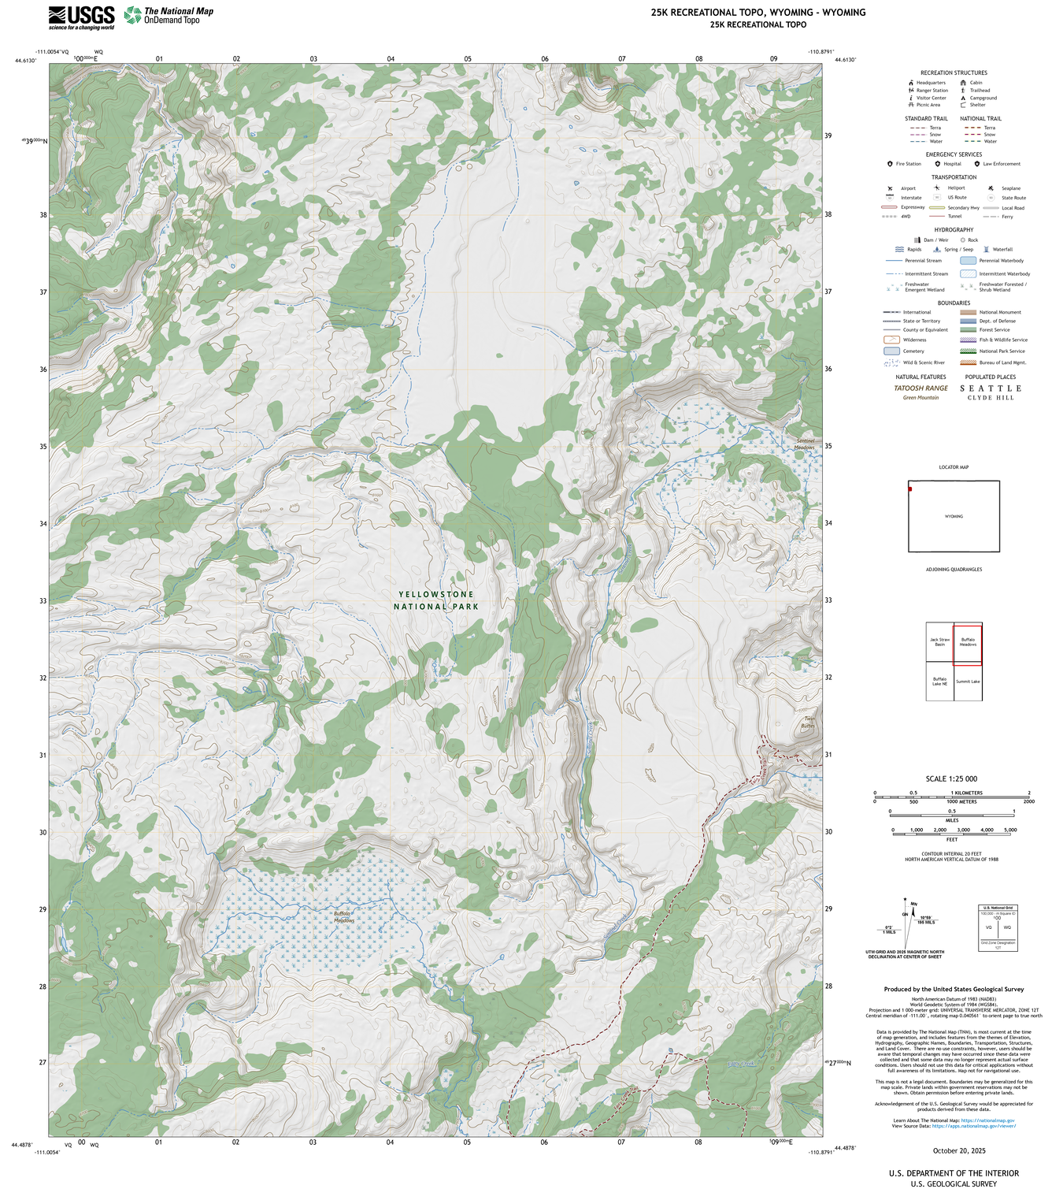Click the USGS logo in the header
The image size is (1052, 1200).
[81, 17]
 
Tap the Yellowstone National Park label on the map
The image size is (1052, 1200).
[435, 600]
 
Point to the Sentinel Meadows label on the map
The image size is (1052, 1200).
[804, 444]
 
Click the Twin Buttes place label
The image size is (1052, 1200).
[808, 722]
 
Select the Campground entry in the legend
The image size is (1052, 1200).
[983, 98]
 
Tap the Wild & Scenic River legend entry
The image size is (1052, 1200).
[924, 362]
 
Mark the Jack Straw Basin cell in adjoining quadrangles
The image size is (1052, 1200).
[939, 642]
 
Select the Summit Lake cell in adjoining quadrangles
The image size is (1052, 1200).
[968, 682]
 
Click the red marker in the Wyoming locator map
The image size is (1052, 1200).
[910, 489]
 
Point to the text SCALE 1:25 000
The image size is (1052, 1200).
[951, 778]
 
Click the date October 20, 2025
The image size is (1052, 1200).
[958, 1150]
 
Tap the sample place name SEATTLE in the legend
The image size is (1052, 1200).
[991, 388]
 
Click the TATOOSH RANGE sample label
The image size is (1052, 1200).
[920, 388]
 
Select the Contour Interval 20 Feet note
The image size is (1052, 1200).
[951, 853]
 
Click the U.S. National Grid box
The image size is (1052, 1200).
[997, 928]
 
